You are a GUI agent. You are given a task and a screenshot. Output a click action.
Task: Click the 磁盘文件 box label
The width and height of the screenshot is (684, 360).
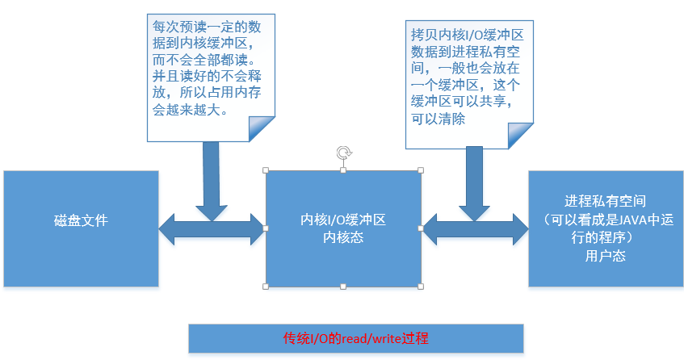[x=81, y=220]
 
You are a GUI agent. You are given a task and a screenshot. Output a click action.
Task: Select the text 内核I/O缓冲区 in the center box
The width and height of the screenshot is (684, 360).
[x=343, y=220]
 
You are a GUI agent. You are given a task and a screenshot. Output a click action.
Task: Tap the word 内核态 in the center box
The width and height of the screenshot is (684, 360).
[x=343, y=237]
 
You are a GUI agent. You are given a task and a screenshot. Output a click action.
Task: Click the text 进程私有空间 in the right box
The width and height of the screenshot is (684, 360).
[x=605, y=201]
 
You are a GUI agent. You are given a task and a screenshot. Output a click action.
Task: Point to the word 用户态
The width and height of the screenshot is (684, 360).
[x=605, y=256]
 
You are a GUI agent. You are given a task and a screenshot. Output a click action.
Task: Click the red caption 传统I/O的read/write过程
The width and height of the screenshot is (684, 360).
[x=355, y=338]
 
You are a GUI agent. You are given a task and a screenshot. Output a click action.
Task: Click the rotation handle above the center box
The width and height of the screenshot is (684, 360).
[x=344, y=153]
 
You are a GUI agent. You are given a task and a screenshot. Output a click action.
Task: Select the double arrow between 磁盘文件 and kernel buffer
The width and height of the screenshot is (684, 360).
[x=212, y=228]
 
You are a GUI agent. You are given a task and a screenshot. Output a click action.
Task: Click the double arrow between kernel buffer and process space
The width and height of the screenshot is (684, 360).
[x=476, y=228]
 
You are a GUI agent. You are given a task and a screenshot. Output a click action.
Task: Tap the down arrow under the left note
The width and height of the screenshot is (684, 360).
[x=211, y=181]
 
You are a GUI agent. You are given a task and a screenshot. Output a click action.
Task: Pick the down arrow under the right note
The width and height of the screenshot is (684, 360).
[x=475, y=184]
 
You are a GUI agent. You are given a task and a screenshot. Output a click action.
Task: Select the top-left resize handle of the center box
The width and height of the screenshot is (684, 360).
[x=266, y=170]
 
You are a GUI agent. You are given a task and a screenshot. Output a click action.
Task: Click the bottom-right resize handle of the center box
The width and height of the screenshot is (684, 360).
[x=421, y=287]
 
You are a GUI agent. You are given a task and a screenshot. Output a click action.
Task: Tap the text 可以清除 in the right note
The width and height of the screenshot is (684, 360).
[x=438, y=119]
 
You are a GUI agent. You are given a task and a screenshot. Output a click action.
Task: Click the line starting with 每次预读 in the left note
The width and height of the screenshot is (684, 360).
[x=207, y=27]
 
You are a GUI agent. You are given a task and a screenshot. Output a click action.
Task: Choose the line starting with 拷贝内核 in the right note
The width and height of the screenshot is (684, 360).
[x=467, y=35]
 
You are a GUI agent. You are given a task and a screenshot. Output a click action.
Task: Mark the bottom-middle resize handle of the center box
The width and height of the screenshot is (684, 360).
[x=343, y=287]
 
